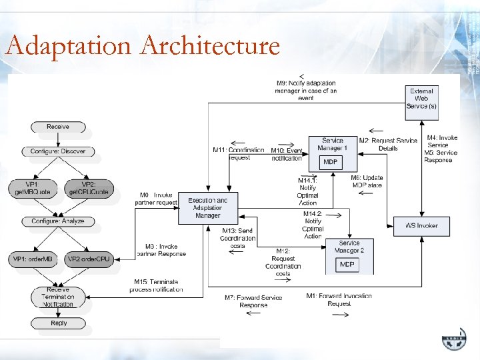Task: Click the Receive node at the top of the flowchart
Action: coord(58,127)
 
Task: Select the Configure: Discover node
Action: coord(58,151)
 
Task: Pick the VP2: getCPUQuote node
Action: coord(89,187)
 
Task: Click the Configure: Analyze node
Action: coord(58,221)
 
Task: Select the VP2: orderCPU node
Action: coord(89,259)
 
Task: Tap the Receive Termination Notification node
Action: coord(59,297)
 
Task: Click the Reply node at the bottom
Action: coord(59,323)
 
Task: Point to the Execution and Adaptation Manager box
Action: coord(208,207)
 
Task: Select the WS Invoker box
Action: coord(422,225)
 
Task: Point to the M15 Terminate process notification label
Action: coord(157,285)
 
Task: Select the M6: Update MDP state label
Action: coord(367,181)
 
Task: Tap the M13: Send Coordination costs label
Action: coord(239,238)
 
